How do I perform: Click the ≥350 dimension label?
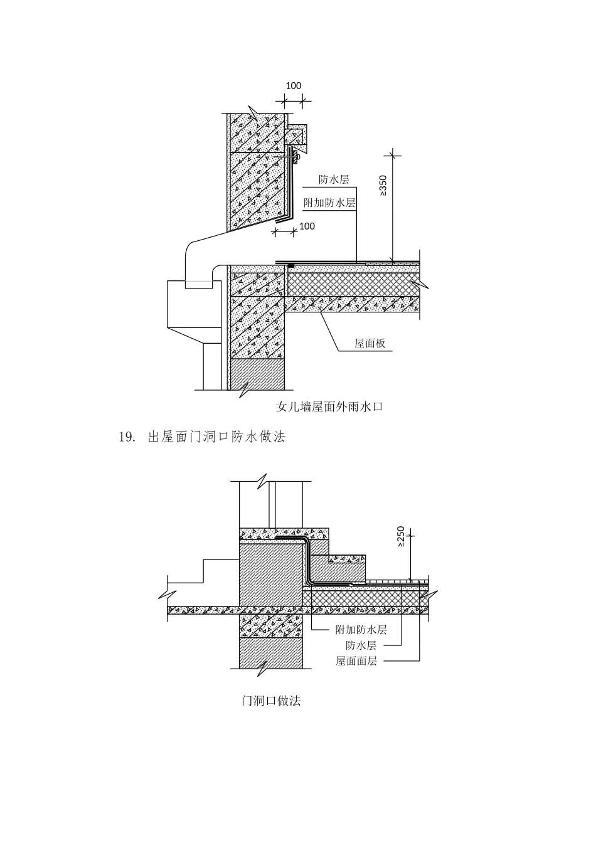383,185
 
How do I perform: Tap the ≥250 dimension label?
401,537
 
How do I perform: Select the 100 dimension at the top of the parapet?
294,86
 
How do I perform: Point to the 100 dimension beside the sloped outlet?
307,226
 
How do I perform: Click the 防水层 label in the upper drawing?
333,180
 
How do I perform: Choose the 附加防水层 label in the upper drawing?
329,203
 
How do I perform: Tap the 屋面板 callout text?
370,344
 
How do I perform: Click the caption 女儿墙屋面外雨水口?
329,407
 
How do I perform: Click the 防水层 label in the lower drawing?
361,645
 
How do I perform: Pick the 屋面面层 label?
356,661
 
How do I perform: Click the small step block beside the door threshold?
348,568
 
